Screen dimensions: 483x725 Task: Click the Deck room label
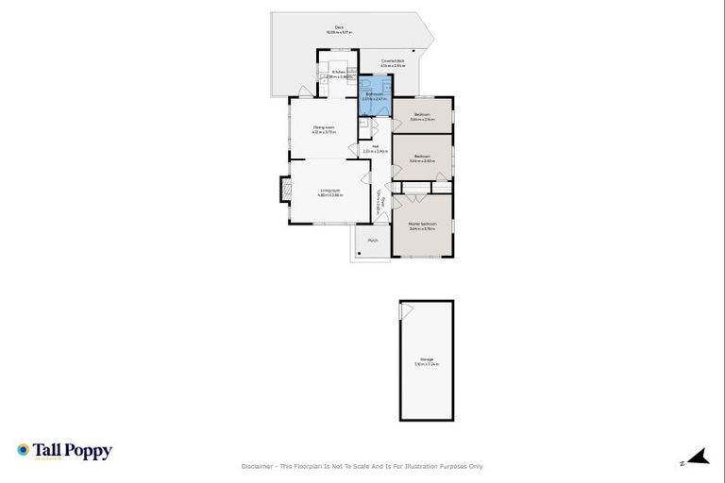pos(339,28)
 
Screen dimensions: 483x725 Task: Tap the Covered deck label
pos(393,61)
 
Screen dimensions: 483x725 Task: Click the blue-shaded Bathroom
pos(375,98)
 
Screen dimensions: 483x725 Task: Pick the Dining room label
pos(324,128)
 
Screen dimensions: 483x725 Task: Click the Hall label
pos(375,148)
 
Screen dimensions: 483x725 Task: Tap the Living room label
pos(329,192)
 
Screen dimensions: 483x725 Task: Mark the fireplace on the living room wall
pos(282,191)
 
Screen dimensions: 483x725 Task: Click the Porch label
pos(373,241)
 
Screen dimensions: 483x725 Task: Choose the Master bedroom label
pos(422,225)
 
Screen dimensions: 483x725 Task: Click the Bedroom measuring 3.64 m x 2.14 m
pos(422,117)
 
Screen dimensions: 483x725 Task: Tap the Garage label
pos(427,359)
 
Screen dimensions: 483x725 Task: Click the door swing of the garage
pos(407,310)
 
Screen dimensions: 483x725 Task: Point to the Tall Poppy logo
pos(64,451)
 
